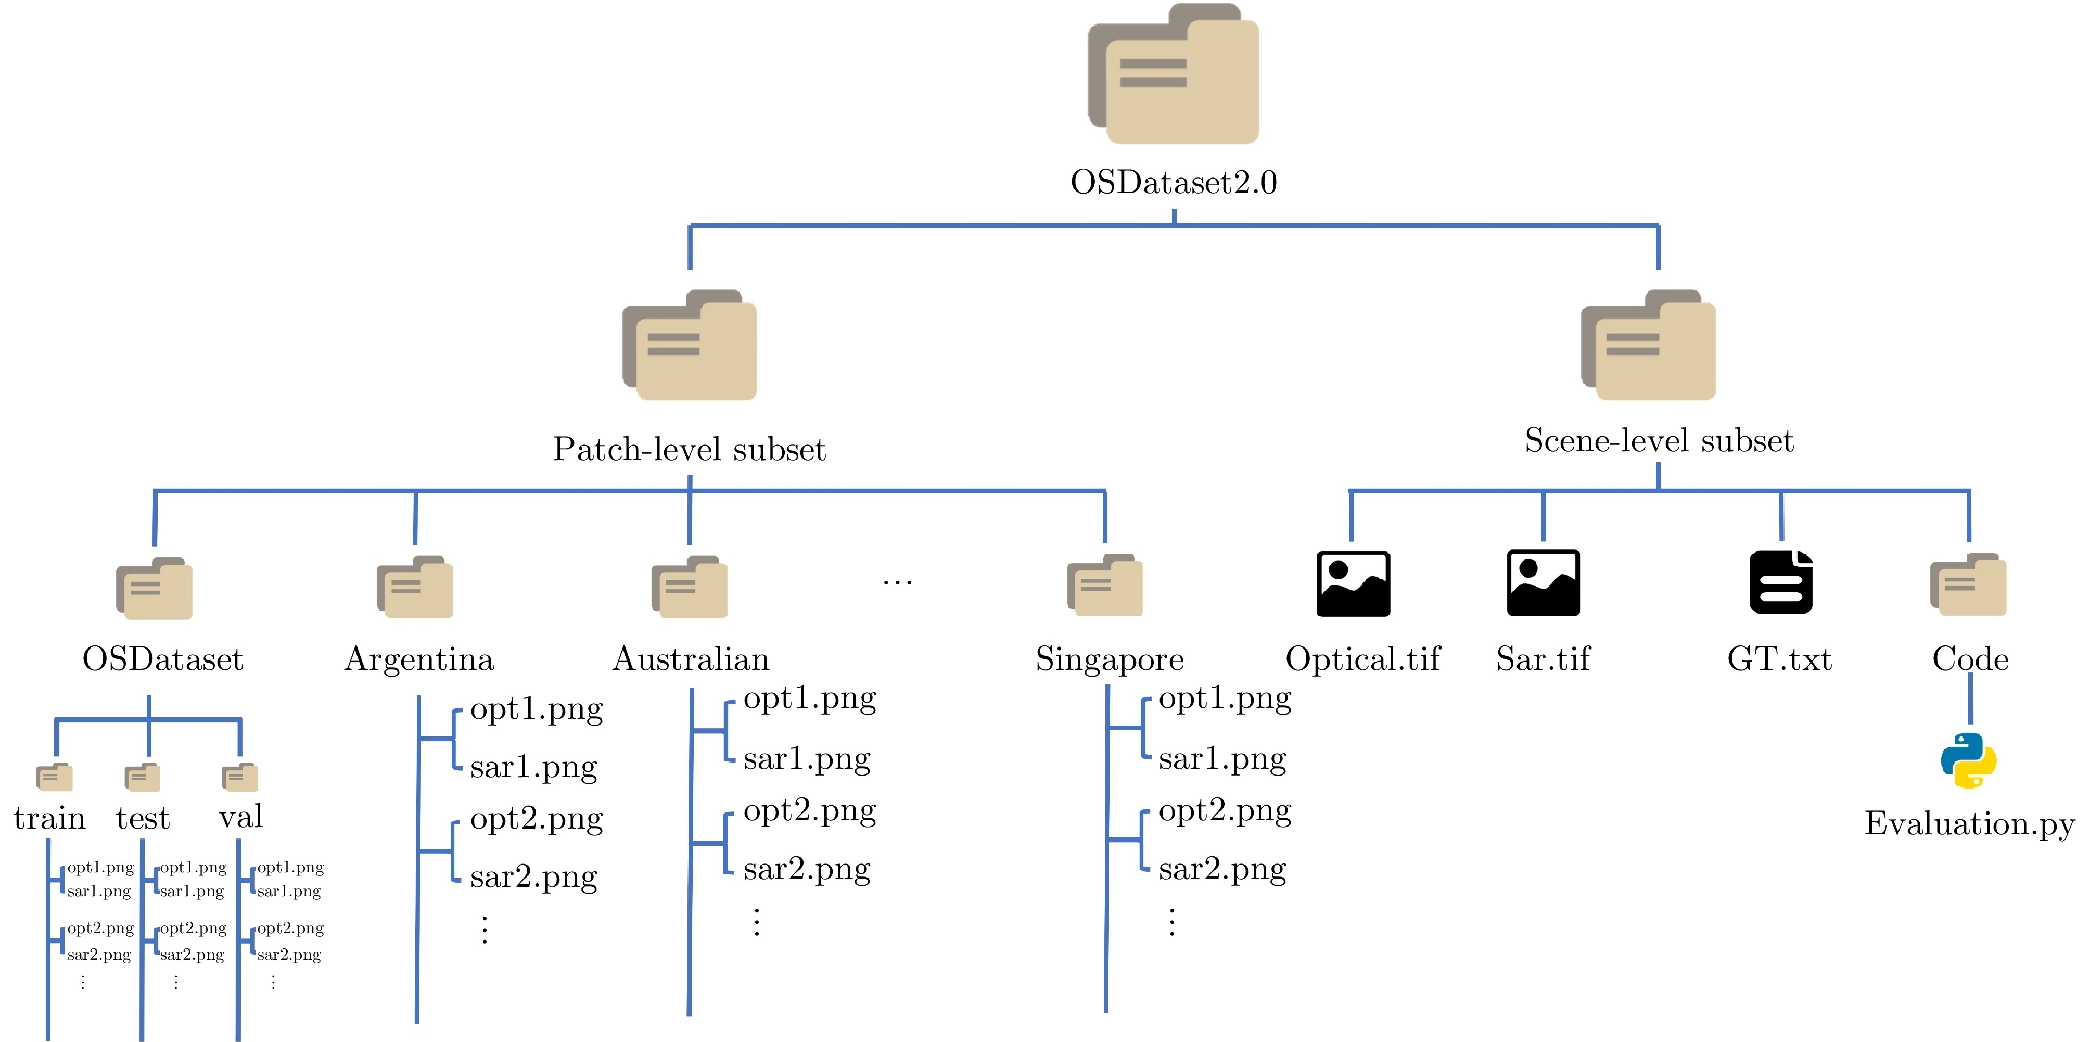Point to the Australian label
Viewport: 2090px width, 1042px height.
691,659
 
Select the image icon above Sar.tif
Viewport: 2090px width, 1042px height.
1543,582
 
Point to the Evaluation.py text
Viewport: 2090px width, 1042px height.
1969,824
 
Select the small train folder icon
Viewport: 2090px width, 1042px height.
54,777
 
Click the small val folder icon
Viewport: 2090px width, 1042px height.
239,777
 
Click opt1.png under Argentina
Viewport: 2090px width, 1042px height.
537,709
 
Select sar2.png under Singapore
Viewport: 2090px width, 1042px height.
1222,869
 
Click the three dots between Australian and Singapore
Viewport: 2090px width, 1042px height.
897,582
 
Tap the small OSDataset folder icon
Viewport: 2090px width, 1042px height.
154,588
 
